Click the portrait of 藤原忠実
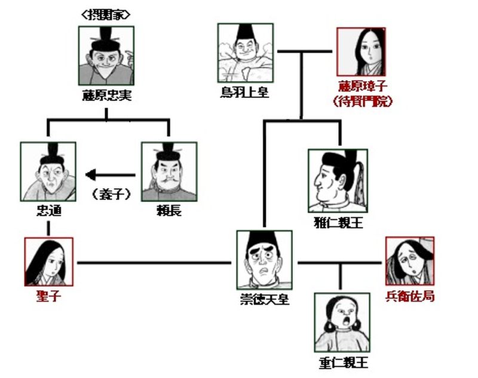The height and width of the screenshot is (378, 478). pos(106,54)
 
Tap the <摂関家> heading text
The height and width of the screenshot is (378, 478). pos(106,14)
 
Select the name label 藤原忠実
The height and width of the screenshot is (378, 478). pos(106,96)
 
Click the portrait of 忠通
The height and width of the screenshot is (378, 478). pos(48,171)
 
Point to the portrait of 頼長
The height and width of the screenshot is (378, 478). pos(168,171)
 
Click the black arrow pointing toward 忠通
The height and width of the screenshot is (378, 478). pos(111,175)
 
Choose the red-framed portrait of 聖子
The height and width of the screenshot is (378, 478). pos(48,262)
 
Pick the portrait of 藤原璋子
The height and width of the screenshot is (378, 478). pos(361,52)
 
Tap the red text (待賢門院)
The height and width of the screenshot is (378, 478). pos(361,102)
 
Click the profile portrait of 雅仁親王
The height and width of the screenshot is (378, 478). pos(338,180)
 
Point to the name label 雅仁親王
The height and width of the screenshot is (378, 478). pos(338,223)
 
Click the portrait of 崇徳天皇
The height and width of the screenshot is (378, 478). pos(263,260)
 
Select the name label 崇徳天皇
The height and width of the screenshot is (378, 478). pos(263,299)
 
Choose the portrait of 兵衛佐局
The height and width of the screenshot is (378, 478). pos(409,261)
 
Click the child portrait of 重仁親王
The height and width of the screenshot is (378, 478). pos(341,322)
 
